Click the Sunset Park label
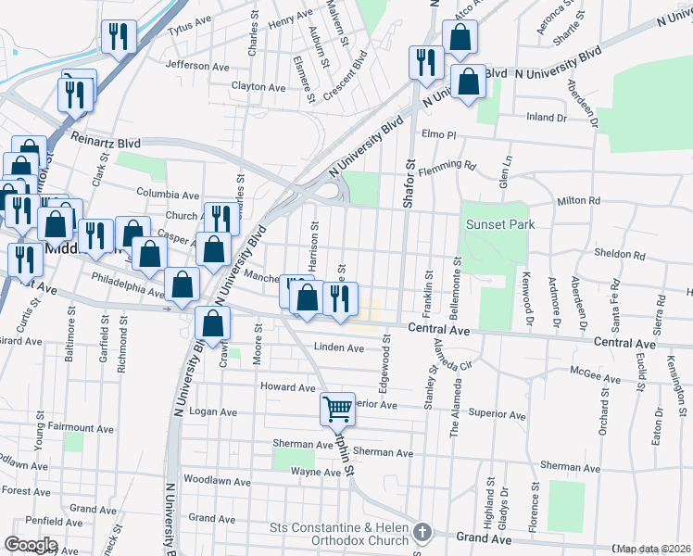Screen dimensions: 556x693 [x=501, y=224]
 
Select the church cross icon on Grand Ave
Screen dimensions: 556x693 [x=423, y=532]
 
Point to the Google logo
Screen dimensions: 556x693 [x=30, y=545]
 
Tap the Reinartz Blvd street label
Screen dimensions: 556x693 [x=106, y=142]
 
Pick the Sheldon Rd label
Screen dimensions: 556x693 [x=619, y=254]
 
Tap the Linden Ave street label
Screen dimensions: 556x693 [x=339, y=347]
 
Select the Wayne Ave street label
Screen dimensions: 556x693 [x=316, y=472]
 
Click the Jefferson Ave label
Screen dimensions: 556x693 [x=197, y=66]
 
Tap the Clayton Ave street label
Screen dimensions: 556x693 [x=258, y=87]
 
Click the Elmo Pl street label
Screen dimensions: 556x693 [x=439, y=134]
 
